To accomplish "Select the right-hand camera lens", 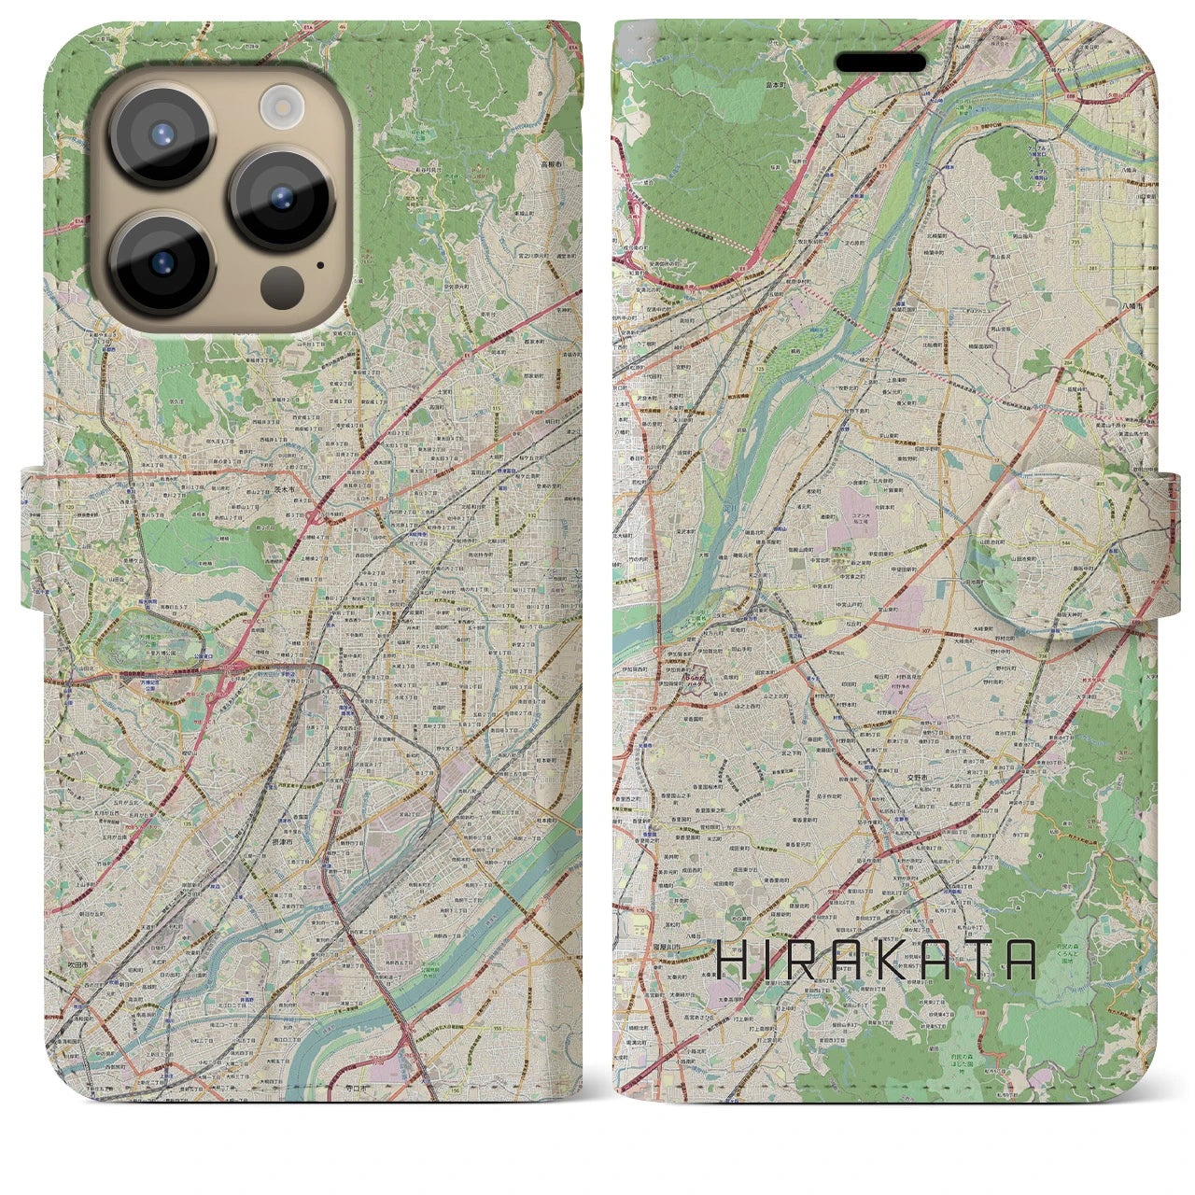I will click(x=280, y=198).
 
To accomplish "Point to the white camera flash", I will click(x=277, y=105).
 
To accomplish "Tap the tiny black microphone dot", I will click(x=321, y=264).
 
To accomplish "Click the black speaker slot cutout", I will click(x=880, y=63).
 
